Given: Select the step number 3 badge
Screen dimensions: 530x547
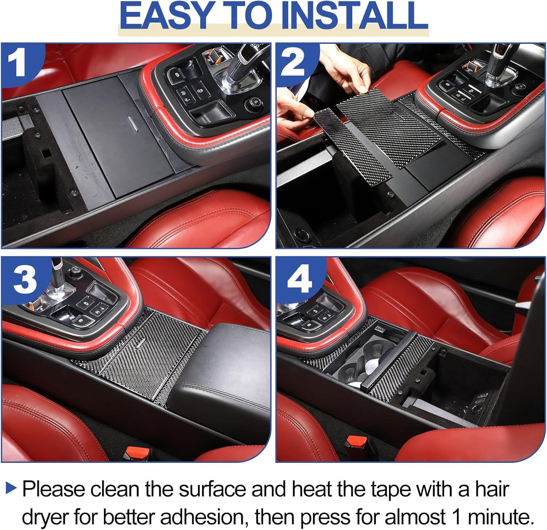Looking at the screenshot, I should point(25,279).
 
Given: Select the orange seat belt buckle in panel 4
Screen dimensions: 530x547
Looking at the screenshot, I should point(356,442).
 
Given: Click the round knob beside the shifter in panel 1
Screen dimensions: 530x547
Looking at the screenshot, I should point(253,102).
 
